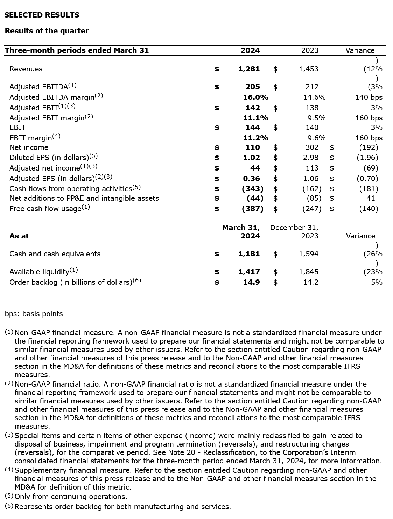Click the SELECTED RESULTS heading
(x=42, y=15)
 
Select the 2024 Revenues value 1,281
(x=249, y=69)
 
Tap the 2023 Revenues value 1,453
(x=308, y=69)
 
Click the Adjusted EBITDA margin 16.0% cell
(x=256, y=97)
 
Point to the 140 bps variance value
(x=369, y=97)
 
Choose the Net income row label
(x=29, y=147)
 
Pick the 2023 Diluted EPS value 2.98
(x=311, y=158)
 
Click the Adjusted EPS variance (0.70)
(x=367, y=179)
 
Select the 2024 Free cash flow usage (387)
(x=253, y=209)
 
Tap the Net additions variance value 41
(x=371, y=198)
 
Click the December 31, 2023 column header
(x=294, y=232)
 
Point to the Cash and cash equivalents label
(x=55, y=254)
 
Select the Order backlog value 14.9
(x=251, y=282)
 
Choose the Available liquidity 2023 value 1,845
(x=308, y=272)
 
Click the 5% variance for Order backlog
(x=377, y=282)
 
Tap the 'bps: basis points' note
(x=34, y=314)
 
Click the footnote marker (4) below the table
(x=9, y=470)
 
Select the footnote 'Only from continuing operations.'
(x=71, y=497)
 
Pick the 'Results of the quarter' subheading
(x=47, y=31)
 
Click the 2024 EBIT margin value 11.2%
(x=256, y=138)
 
